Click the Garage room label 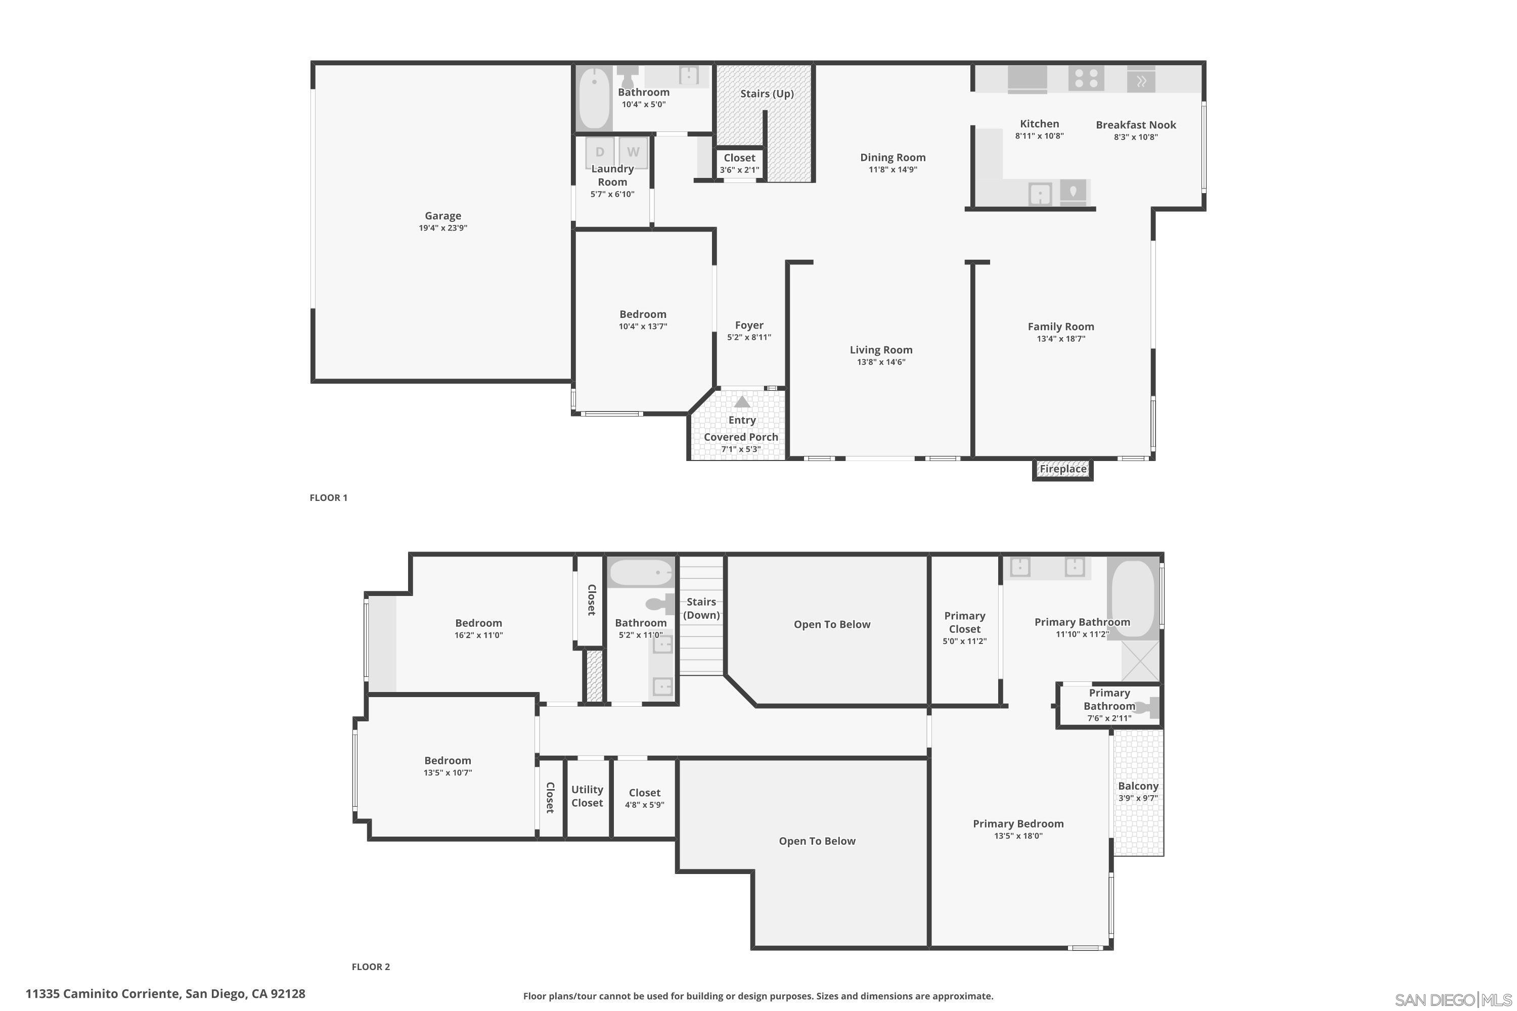(442, 216)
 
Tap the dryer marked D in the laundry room (600, 152)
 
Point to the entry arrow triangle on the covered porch (742, 402)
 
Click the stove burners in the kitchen (1086, 79)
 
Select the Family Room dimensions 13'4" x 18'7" (1060, 339)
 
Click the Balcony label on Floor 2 (1138, 786)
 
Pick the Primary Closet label (964, 622)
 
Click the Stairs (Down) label (701, 608)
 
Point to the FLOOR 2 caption (370, 967)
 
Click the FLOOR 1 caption (328, 498)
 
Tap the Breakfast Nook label (1135, 125)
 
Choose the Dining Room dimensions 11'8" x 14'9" (893, 169)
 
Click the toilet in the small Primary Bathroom (1148, 708)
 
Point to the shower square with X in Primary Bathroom (1140, 661)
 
